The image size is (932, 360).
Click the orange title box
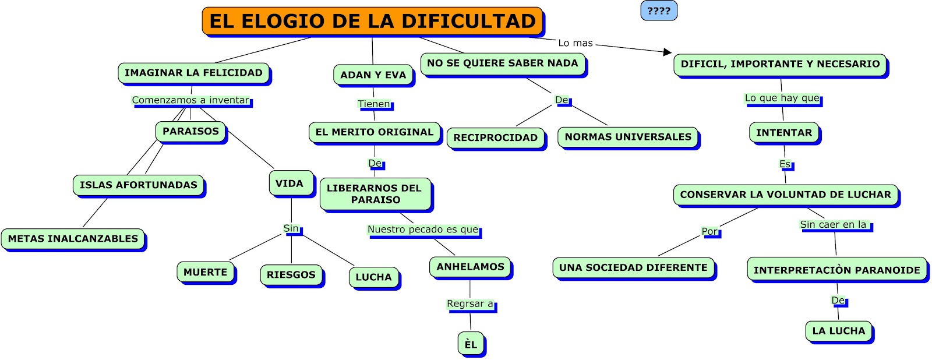372,21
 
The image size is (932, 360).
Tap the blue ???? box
659,10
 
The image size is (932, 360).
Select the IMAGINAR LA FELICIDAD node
194,73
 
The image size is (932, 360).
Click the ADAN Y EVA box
373,75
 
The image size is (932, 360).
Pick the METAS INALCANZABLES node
73,238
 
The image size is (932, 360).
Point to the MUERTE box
206,272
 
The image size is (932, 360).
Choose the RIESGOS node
291,275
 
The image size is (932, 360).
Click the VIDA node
291,183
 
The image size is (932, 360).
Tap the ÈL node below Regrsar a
471,344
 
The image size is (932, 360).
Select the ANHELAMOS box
470,267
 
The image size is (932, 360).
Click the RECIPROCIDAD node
496,137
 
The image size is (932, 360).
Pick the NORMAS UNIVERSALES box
628,137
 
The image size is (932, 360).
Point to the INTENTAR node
784,133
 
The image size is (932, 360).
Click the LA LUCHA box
838,331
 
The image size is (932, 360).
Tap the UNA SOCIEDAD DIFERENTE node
633,267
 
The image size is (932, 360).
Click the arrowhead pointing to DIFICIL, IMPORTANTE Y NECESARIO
668,52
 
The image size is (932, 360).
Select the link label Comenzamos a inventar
190,100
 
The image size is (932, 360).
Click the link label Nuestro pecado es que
423,230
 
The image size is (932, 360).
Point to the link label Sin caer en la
833,225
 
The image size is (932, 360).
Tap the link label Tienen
374,104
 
